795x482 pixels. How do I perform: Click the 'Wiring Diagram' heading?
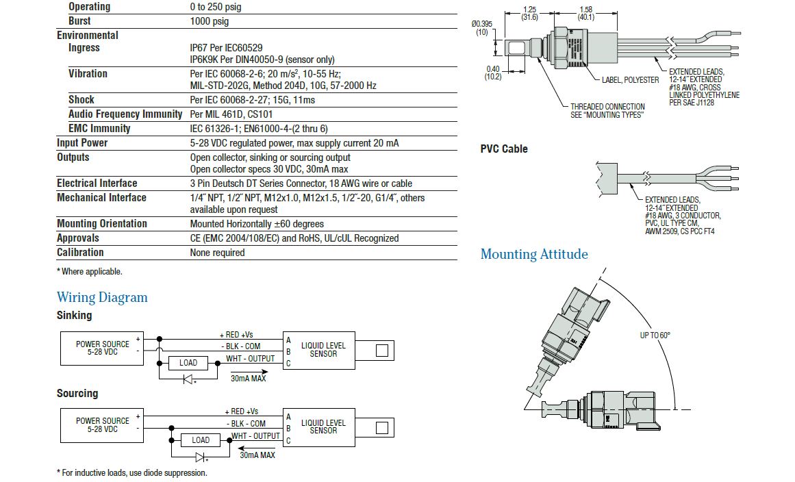pos(102,297)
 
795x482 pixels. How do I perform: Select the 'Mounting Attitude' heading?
pos(534,254)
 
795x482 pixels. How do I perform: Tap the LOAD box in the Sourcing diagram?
pos(201,440)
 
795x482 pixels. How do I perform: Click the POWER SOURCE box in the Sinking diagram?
pos(102,348)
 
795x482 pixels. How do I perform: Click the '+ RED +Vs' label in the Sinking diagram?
pos(236,334)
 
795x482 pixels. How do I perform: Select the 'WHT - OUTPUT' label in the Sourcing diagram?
pos(255,435)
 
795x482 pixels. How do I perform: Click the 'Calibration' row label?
pos(80,253)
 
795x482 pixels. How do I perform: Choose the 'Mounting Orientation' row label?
pos(102,224)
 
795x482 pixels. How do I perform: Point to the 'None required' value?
pos(217,253)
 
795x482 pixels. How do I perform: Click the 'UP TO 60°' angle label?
pos(655,335)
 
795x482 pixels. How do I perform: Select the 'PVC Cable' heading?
pos(504,149)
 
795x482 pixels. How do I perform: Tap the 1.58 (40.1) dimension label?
pos(585,14)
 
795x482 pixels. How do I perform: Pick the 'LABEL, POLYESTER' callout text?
pos(630,80)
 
